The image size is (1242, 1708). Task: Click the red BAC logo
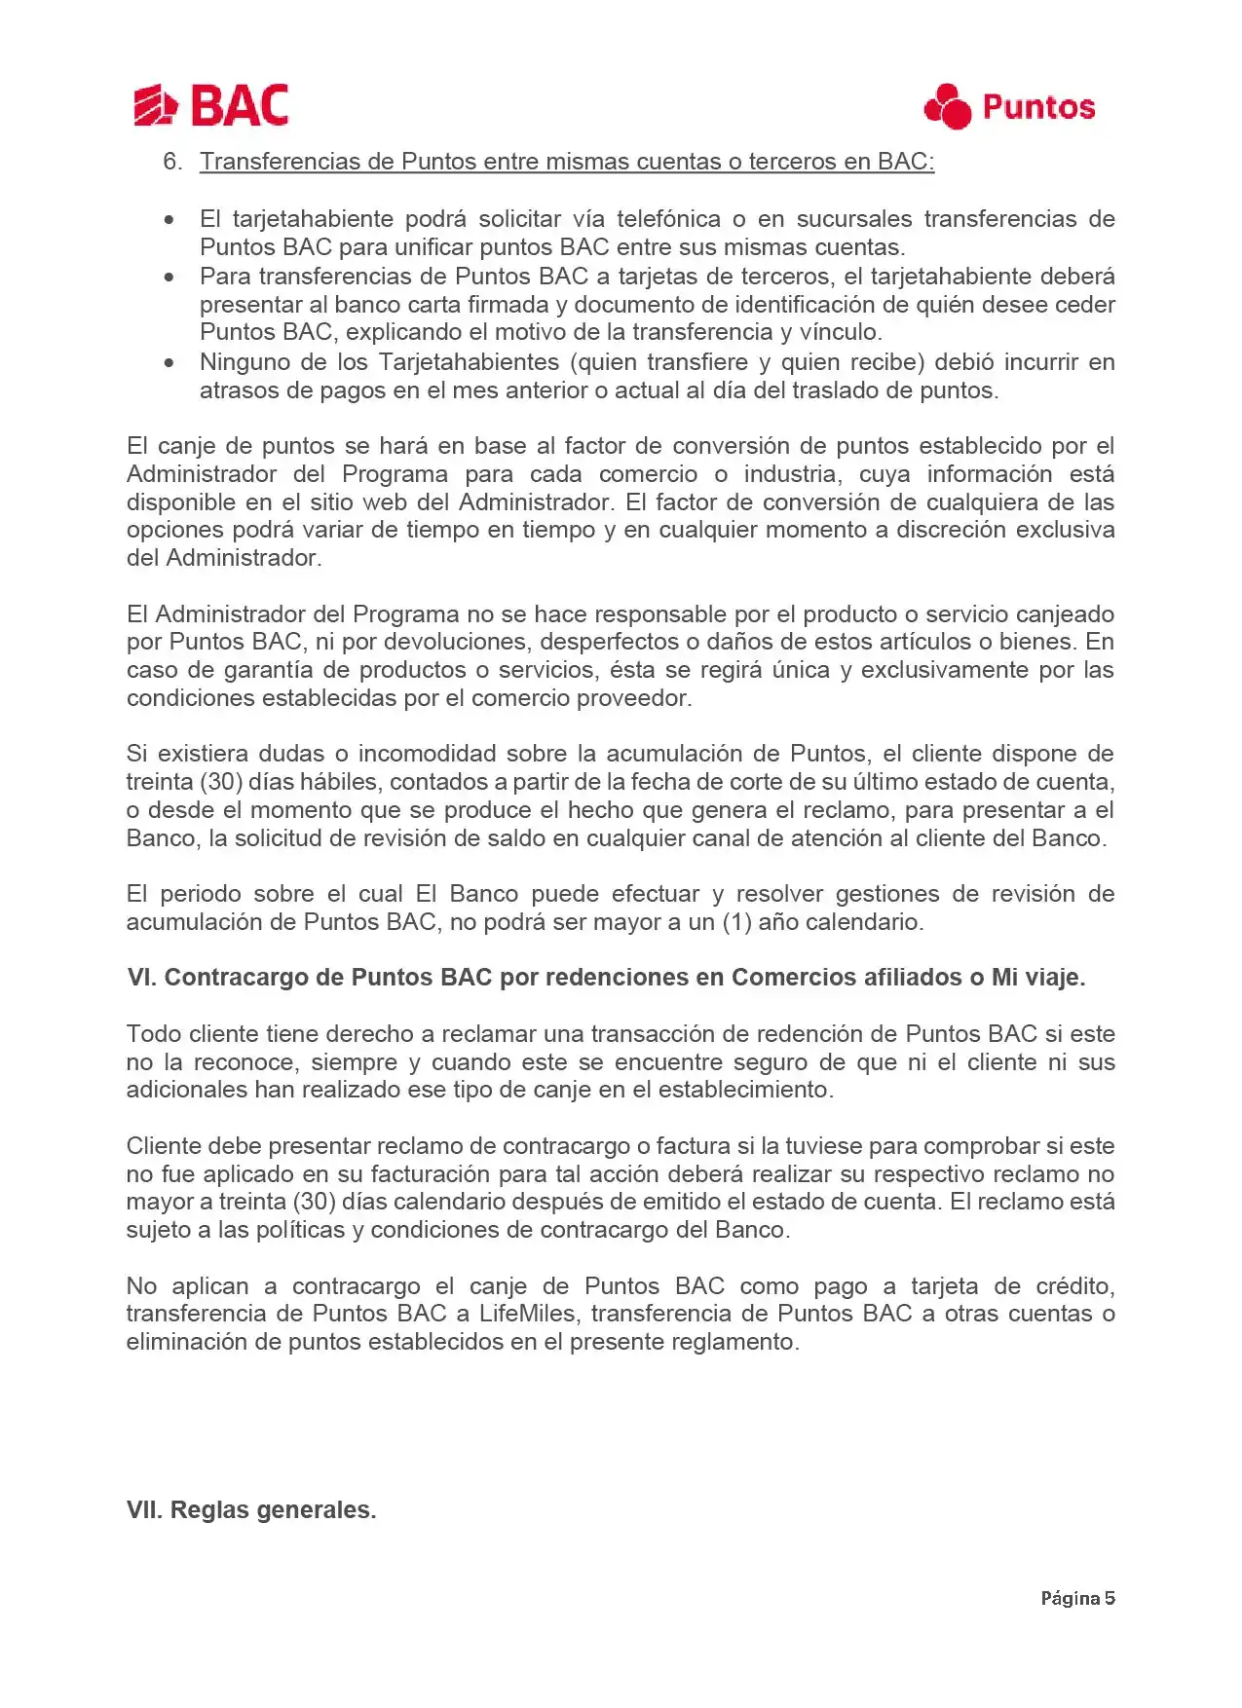tap(210, 105)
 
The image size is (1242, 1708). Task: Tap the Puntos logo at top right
tap(1009, 106)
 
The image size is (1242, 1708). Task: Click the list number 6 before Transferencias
tap(172, 162)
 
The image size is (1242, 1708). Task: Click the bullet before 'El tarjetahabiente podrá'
tap(170, 220)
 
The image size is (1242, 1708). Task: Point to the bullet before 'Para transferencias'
tap(170, 278)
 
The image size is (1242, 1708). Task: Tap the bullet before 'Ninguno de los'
tap(170, 363)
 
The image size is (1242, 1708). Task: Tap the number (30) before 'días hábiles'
tap(222, 782)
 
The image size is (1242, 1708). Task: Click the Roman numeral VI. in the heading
tap(141, 978)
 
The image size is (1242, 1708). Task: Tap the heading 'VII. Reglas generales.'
tap(251, 1510)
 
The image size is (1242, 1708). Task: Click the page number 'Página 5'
tap(1077, 1598)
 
